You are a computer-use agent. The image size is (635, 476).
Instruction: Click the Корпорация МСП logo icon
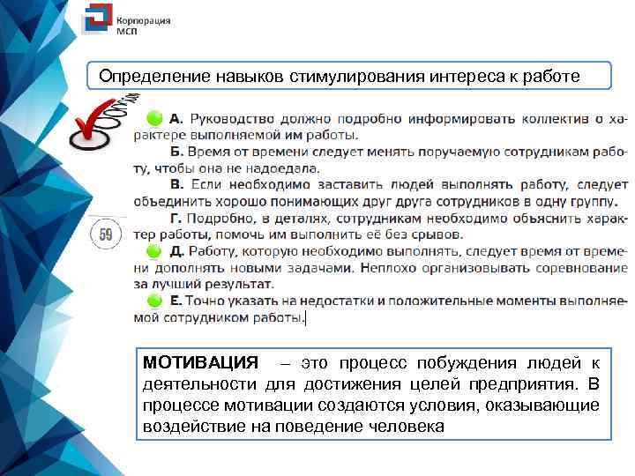click(95, 23)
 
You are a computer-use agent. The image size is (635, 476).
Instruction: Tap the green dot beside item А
click(154, 117)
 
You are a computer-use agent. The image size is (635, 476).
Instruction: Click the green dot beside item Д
click(154, 251)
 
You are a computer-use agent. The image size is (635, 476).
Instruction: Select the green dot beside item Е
click(154, 301)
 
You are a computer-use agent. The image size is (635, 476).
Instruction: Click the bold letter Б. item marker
click(176, 152)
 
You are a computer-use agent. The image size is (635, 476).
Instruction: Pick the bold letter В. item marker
click(176, 184)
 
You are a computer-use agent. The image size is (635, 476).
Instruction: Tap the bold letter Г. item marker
click(176, 218)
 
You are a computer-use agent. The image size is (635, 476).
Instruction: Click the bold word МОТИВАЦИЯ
click(200, 363)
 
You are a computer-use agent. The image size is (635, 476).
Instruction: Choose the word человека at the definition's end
click(401, 426)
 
